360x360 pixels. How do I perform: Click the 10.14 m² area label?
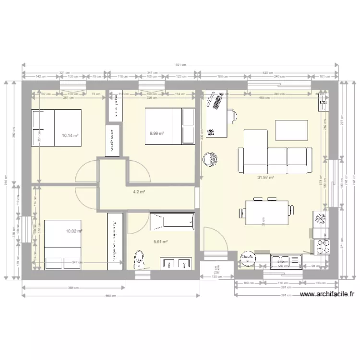click(x=70, y=135)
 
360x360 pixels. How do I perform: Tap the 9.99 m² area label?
click(x=157, y=133)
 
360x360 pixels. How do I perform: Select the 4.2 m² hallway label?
click(x=139, y=192)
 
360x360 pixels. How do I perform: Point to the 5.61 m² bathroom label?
click(x=160, y=242)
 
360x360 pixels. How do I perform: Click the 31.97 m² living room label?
click(x=265, y=177)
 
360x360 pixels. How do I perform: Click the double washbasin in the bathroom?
click(x=175, y=264)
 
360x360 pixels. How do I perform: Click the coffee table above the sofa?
click(x=291, y=129)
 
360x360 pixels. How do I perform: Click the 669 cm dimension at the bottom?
click(x=111, y=296)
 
